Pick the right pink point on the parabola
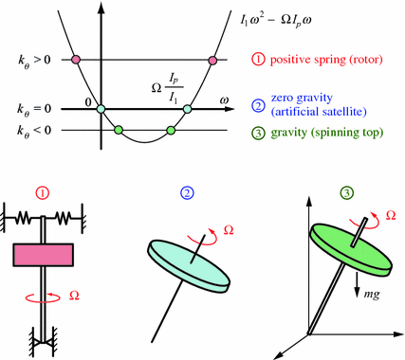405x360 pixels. pyautogui.click(x=212, y=61)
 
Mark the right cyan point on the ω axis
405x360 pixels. pyautogui.click(x=187, y=109)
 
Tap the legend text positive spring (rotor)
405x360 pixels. pyautogui.click(x=322, y=61)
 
